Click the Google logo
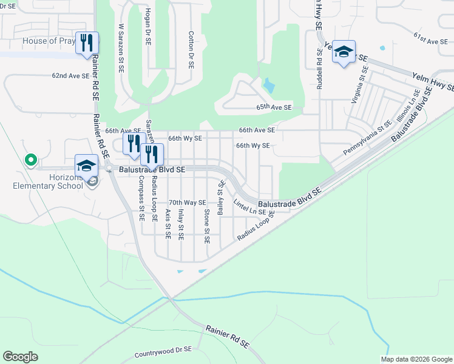pyautogui.click(x=21, y=357)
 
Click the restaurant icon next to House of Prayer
pyautogui.click(x=87, y=43)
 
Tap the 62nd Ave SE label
pyautogui.click(x=70, y=76)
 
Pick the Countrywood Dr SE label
pyautogui.click(x=163, y=350)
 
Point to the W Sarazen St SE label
pyautogui.click(x=121, y=49)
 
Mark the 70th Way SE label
pyautogui.click(x=188, y=203)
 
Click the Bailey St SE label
pyautogui.click(x=221, y=197)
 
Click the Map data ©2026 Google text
pyautogui.click(x=416, y=359)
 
